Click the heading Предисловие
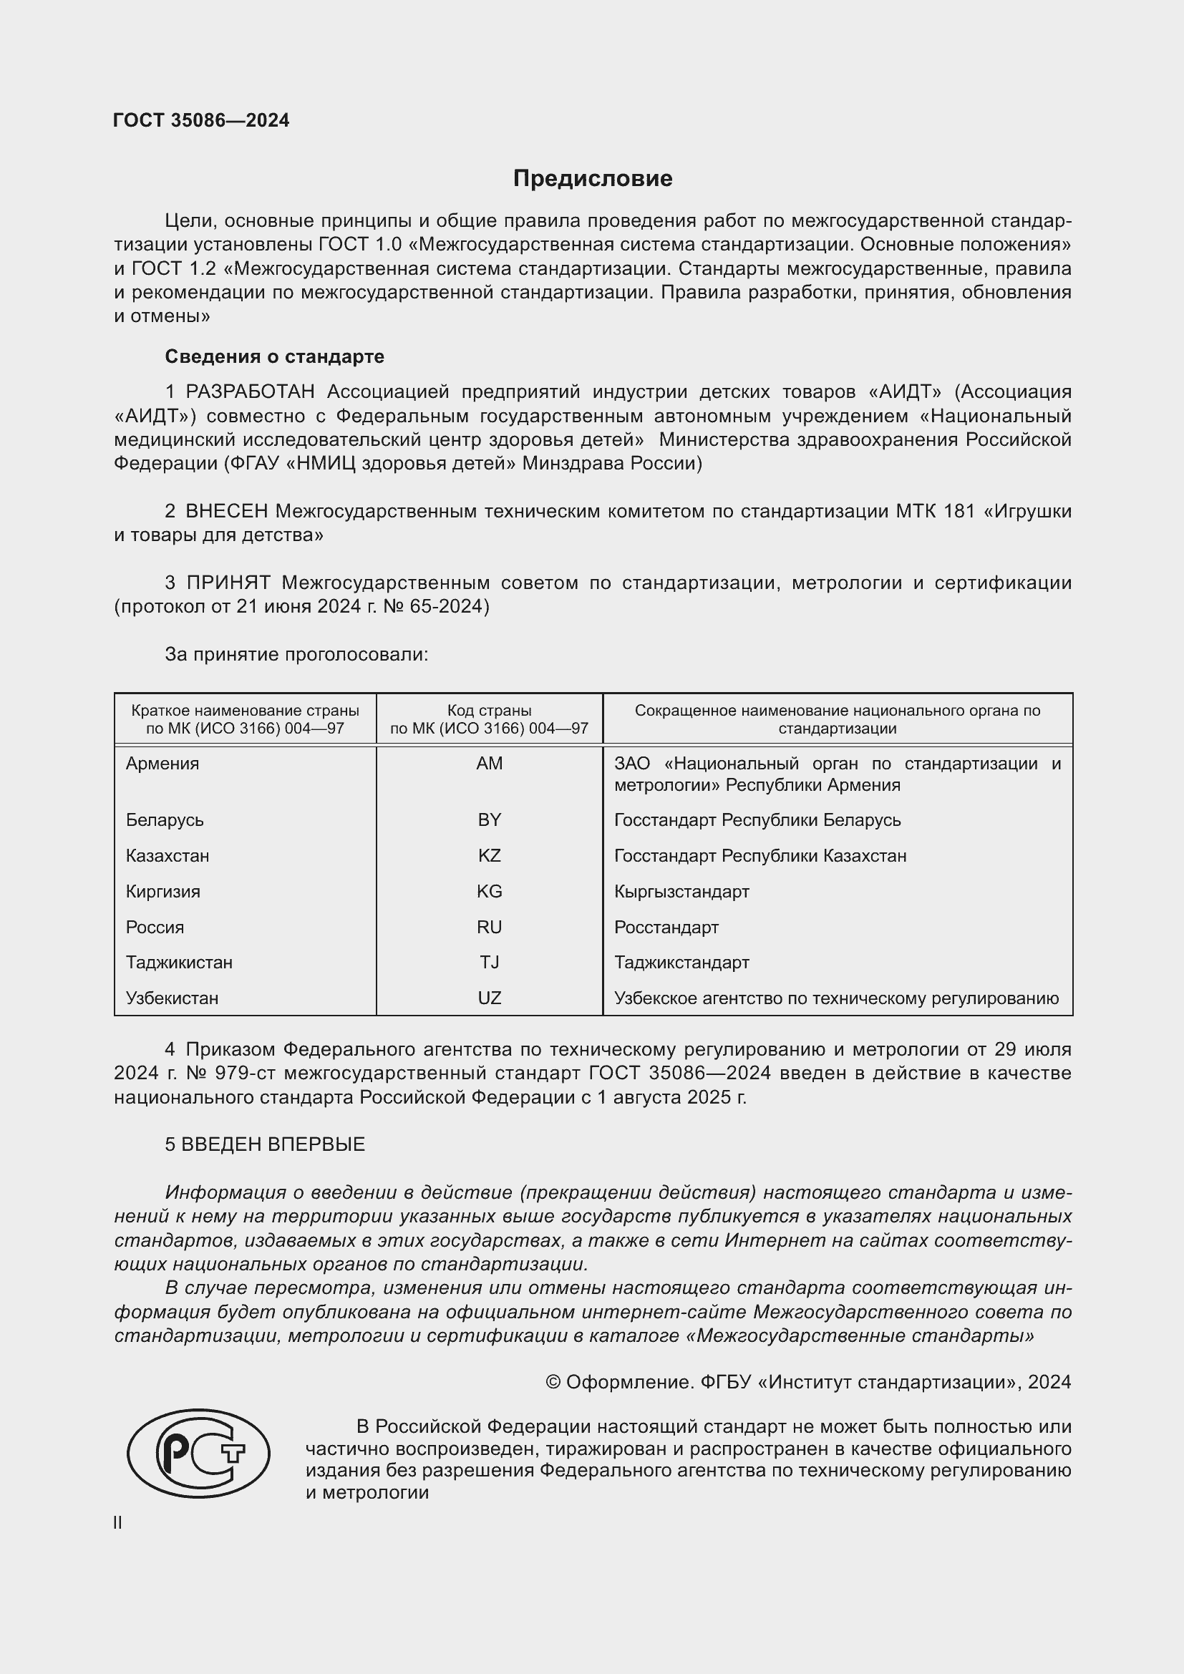[592, 179]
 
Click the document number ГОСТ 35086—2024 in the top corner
[201, 121]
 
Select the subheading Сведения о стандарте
[274, 356]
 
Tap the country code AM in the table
[489, 764]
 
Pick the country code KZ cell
[489, 855]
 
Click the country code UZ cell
[489, 998]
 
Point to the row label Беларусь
[165, 820]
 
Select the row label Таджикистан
[179, 963]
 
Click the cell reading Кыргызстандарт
[681, 892]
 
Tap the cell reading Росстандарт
[666, 928]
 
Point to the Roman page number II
[118, 1523]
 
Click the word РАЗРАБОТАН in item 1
[250, 392]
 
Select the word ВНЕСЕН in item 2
[227, 512]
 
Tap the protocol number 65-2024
[446, 607]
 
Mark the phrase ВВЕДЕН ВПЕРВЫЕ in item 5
[273, 1144]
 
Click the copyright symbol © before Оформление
[553, 1383]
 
